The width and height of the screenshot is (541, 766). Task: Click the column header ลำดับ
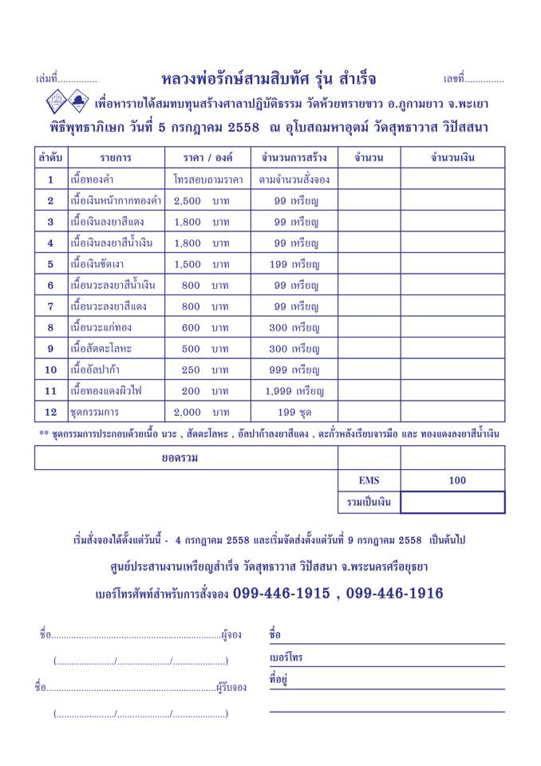pos(50,158)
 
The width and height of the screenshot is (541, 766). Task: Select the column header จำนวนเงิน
pos(452,158)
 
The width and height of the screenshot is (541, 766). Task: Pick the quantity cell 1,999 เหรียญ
pos(294,391)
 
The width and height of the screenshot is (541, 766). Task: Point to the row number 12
pos(50,413)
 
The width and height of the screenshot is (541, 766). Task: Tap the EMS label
pos(369,480)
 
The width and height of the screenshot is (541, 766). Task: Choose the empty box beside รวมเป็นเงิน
pos(452,502)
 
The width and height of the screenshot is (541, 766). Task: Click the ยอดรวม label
pos(186,458)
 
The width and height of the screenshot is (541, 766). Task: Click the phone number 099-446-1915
pos(285,594)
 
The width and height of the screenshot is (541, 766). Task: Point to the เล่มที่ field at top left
pos(67,80)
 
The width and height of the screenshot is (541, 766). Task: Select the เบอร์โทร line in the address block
pos(387,658)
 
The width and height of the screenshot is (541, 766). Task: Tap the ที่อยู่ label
pos(278,680)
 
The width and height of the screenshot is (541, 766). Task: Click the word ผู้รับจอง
pos(231,687)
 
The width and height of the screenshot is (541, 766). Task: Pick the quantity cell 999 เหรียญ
pos(294,370)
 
